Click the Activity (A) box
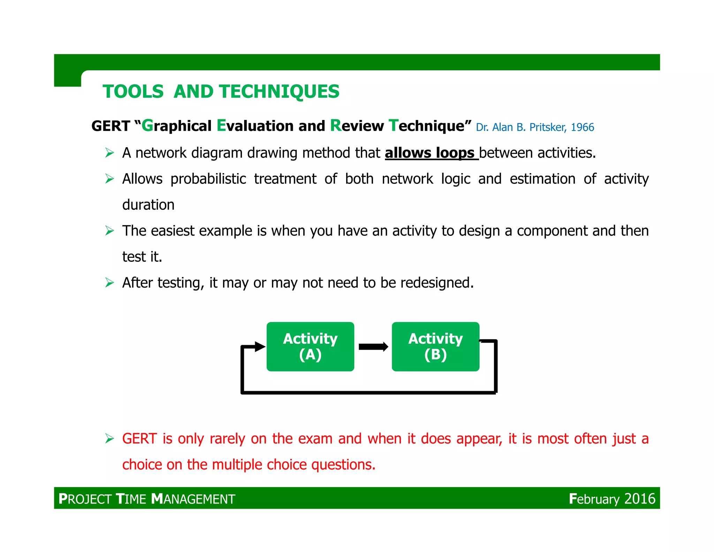[x=310, y=346]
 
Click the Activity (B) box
[x=435, y=346]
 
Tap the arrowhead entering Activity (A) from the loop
[x=260, y=346]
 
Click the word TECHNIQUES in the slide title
[x=279, y=92]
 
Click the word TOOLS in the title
[x=133, y=92]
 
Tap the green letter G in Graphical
[x=147, y=126]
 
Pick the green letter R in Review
[x=335, y=126]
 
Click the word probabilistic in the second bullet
[x=208, y=179]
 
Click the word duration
[x=148, y=205]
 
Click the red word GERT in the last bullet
[x=139, y=439]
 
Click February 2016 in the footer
[x=612, y=499]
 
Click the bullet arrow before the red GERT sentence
[x=109, y=438]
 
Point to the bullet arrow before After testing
[x=109, y=282]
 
